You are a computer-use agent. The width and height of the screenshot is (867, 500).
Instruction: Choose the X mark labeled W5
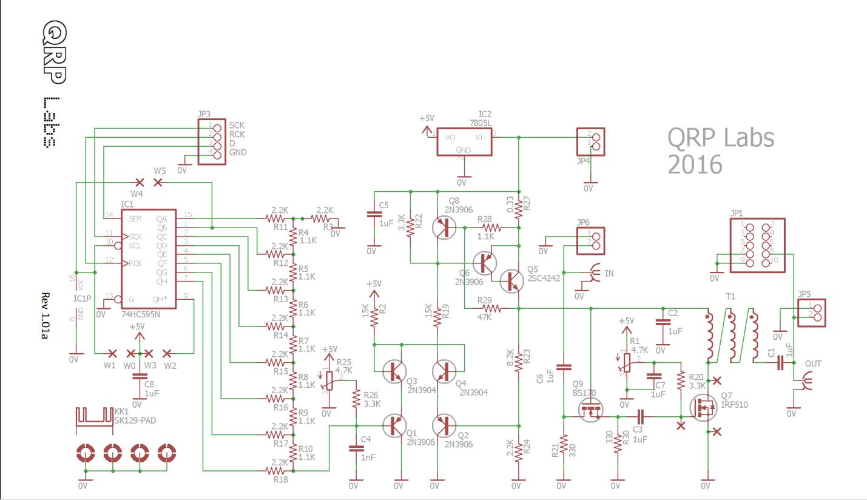(159, 182)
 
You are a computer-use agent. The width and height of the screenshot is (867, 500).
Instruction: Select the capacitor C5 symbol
(373, 215)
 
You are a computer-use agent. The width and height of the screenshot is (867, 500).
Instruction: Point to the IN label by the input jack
(609, 274)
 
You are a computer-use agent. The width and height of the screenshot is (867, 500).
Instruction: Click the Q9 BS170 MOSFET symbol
(589, 410)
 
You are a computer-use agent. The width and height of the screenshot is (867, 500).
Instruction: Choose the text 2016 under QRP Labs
(695, 164)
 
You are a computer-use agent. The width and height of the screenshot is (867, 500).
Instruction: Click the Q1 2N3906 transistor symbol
(395, 425)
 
